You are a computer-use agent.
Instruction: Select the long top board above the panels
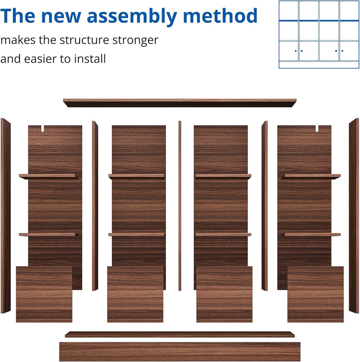(180, 103)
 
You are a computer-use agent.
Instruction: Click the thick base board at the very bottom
(180, 352)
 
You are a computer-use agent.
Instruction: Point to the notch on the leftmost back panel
(43, 129)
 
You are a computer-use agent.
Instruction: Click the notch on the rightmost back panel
(317, 129)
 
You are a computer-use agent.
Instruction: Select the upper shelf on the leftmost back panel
(49, 176)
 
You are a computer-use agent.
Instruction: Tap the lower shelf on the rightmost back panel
(311, 235)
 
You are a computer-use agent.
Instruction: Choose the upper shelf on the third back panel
(223, 176)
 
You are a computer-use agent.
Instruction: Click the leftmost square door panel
(44, 294)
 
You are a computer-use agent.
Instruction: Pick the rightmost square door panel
(315, 294)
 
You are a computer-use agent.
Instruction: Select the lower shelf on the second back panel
(136, 235)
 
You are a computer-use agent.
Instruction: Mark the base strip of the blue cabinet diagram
(319, 65)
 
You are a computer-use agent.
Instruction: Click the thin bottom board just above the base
(180, 335)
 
